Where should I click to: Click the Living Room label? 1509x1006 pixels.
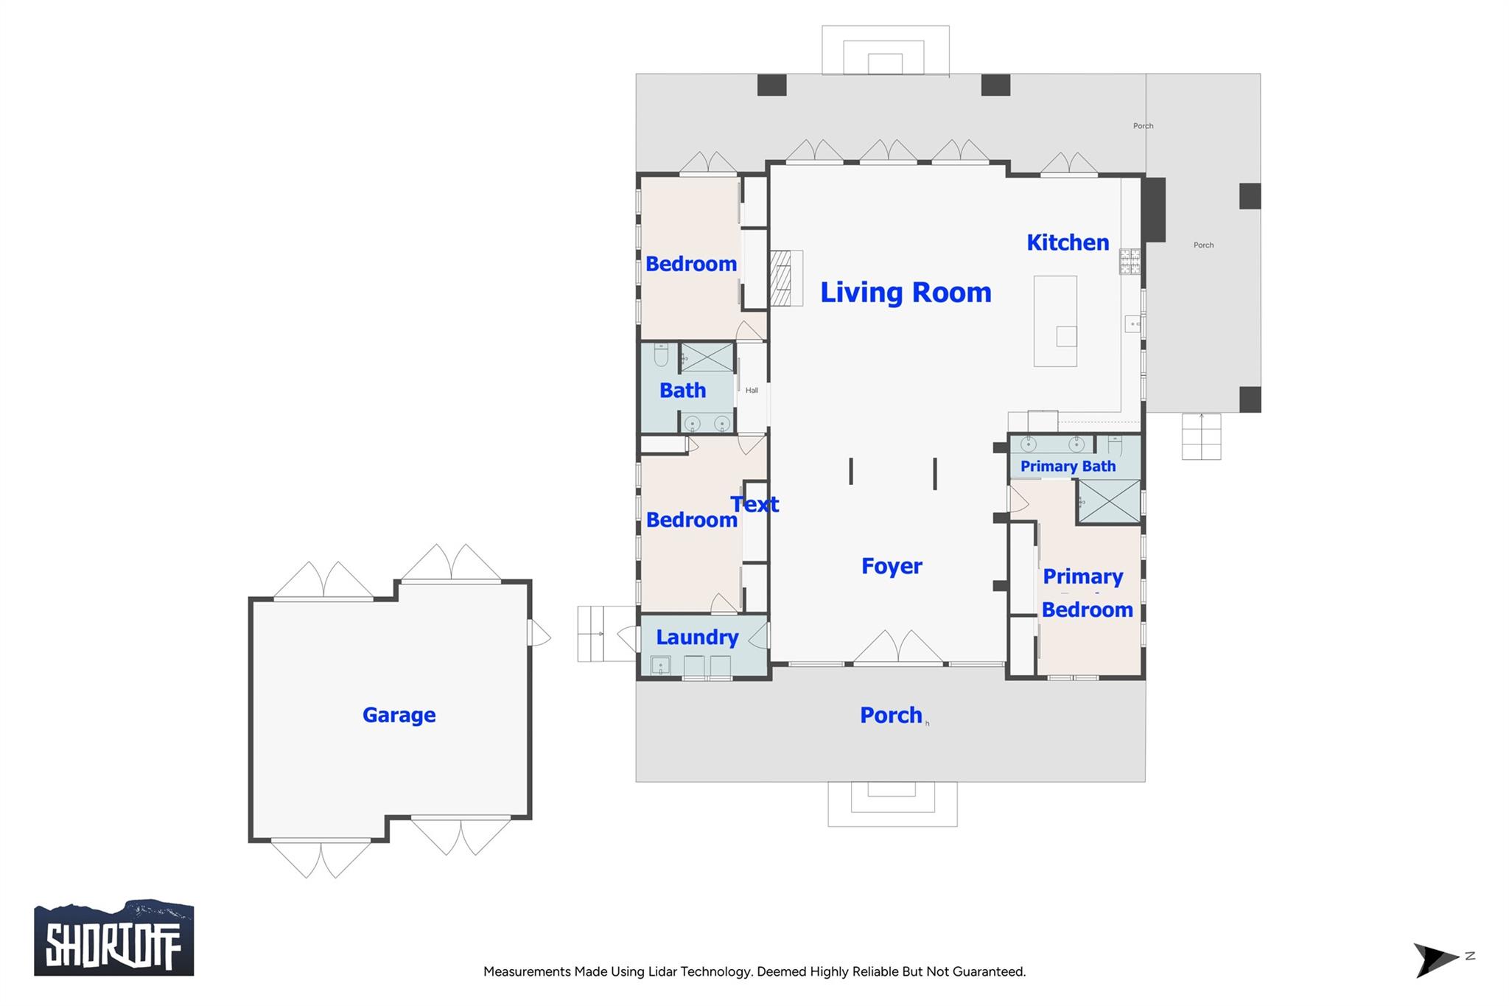click(x=906, y=293)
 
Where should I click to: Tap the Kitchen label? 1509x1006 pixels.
click(x=1067, y=242)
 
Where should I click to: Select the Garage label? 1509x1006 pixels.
click(x=399, y=715)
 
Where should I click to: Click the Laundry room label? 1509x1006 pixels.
click(x=697, y=638)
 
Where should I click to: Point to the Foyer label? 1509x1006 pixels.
click(x=892, y=566)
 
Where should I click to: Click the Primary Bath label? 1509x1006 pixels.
click(x=1068, y=467)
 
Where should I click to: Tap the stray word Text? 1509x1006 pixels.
click(x=754, y=504)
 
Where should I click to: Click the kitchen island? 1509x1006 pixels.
click(x=1055, y=321)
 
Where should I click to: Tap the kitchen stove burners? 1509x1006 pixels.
click(x=1130, y=261)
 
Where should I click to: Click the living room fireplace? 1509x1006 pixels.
click(x=782, y=278)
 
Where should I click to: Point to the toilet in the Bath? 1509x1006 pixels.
click(x=661, y=355)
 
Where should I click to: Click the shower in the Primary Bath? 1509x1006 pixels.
click(x=1109, y=501)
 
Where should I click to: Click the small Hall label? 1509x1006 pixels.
click(x=752, y=391)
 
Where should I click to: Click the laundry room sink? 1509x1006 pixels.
click(x=660, y=666)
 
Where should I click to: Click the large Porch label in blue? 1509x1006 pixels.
click(x=891, y=715)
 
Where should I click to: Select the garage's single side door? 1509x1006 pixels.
click(x=539, y=633)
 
